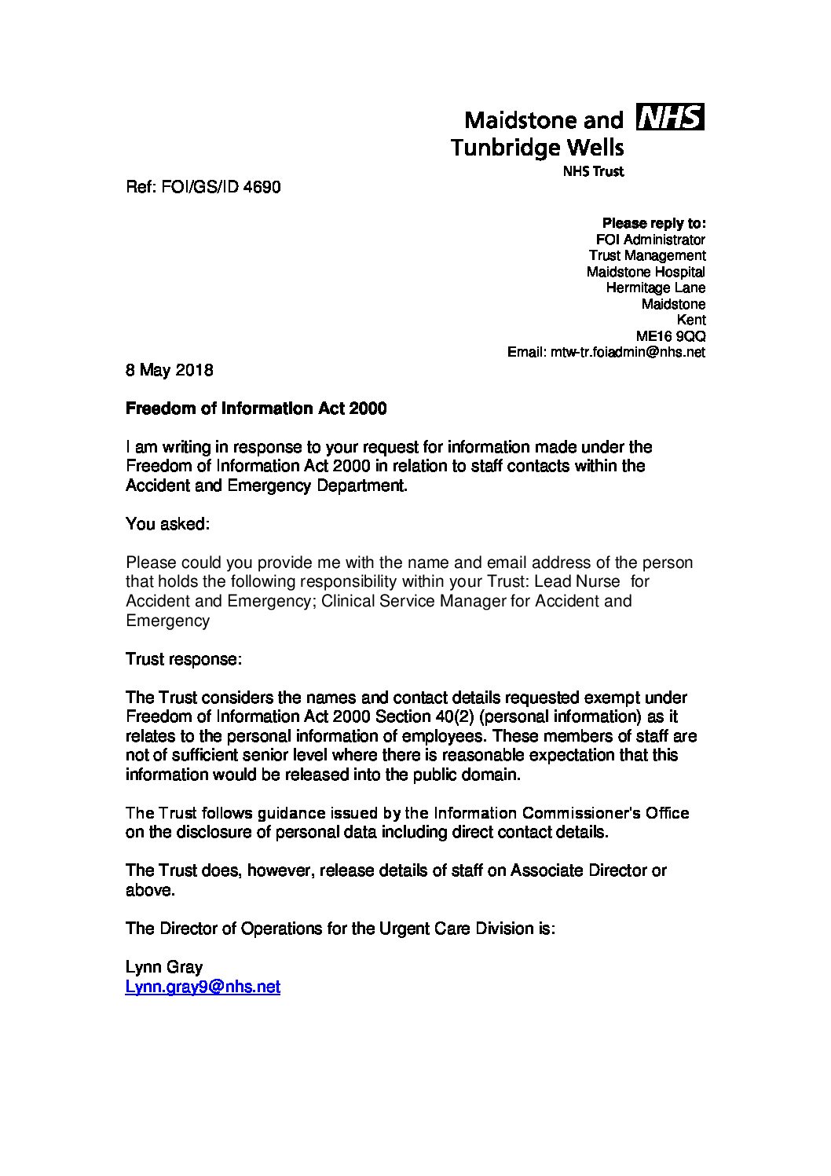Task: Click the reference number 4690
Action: [x=262, y=187]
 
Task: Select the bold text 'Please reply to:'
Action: [x=653, y=223]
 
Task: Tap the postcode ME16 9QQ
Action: [x=670, y=336]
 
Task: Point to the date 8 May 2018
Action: [x=169, y=370]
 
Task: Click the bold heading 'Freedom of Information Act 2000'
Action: [x=256, y=408]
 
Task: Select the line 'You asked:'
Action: [x=167, y=524]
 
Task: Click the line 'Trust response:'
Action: [x=183, y=659]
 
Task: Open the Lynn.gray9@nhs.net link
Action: [x=203, y=987]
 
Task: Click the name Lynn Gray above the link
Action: [x=163, y=967]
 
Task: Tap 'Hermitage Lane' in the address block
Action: [x=655, y=288]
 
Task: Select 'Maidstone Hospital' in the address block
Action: [x=646, y=272]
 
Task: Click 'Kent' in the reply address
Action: [x=691, y=320]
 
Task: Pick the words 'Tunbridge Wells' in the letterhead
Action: [x=537, y=147]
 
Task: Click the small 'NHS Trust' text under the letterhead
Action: [x=593, y=172]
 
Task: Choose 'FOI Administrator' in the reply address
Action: [x=650, y=240]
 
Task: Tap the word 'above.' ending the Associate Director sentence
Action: [x=149, y=890]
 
